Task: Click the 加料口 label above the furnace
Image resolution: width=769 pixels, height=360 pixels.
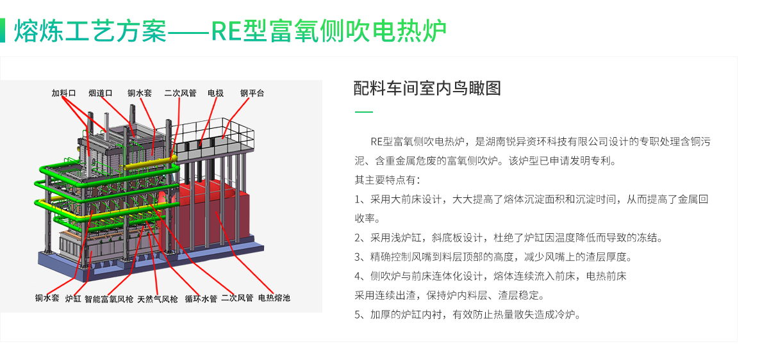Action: pos(63,93)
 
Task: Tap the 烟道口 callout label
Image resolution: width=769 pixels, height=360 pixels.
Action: pos(101,93)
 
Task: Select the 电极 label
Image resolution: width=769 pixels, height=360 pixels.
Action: pos(215,93)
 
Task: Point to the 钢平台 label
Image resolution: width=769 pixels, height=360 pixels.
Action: pos(252,93)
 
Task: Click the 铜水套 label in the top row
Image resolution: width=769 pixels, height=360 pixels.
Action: pos(140,93)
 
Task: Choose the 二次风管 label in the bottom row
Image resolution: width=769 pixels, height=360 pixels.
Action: pos(237,298)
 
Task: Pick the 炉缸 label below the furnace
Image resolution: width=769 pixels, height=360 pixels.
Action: pos(73,299)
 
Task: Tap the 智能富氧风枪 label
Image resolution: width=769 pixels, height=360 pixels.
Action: pos(109,299)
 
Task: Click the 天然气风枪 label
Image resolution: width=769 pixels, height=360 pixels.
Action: pos(158,299)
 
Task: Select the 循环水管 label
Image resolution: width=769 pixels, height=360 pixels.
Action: pos(201,299)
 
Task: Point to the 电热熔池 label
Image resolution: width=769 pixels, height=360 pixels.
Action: pos(274,298)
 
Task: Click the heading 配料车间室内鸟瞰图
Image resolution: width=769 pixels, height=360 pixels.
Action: pos(427,88)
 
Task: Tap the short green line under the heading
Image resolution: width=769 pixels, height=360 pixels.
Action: pos(363,112)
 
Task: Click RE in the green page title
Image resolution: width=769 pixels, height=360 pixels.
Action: pos(226,31)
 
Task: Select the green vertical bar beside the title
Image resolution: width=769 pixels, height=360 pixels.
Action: pos(3,31)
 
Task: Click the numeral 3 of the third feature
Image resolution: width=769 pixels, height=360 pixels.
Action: pos(358,257)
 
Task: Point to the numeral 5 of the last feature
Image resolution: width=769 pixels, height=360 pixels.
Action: pos(358,315)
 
